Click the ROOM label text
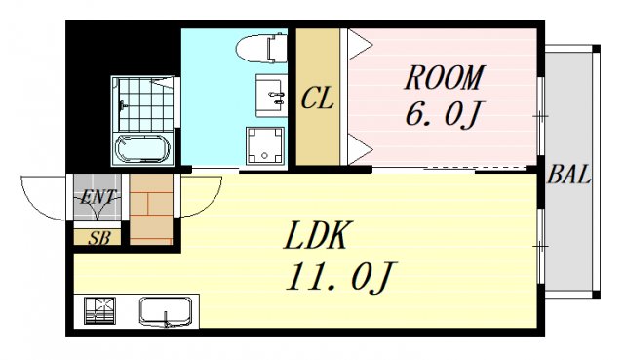coord(445,76)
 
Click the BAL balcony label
coord(569,176)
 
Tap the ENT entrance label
coord(98,197)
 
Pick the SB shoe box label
coord(98,237)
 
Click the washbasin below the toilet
coord(270,93)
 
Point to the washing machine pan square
coord(264,145)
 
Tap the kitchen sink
coord(167,312)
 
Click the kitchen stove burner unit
coord(99,311)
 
